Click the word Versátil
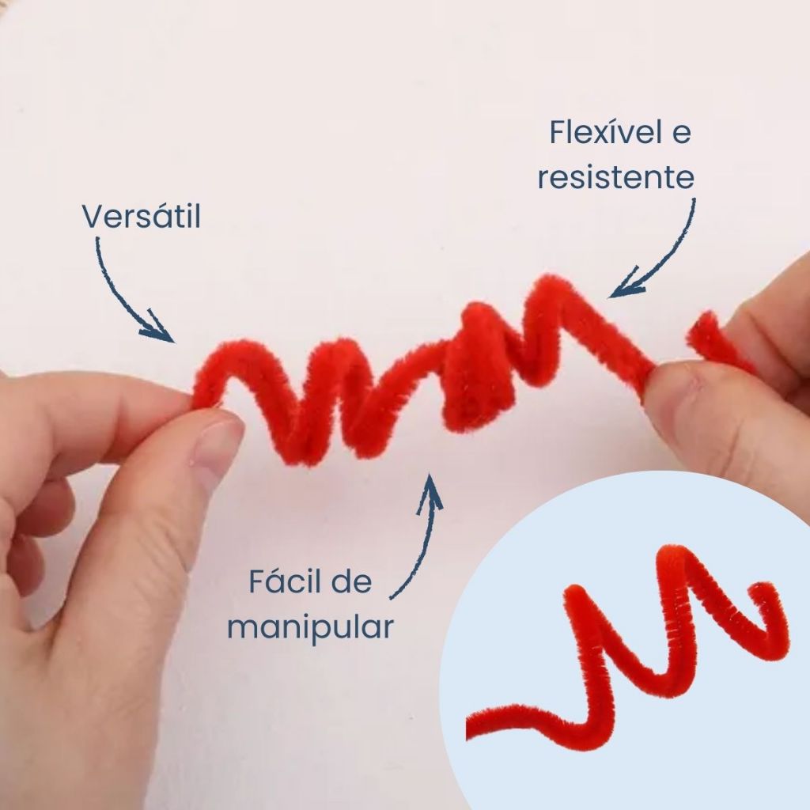[142, 217]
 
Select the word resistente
[615, 177]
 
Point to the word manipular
[310, 627]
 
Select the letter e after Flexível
[681, 134]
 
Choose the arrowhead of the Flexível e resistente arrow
[625, 285]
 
